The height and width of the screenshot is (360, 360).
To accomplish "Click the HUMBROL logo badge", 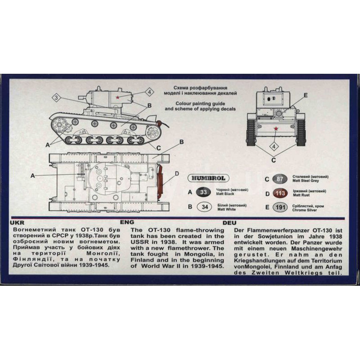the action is point(208,178).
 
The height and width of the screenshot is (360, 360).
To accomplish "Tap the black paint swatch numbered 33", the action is point(204,192).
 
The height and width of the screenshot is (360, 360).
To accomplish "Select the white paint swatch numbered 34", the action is point(204,207).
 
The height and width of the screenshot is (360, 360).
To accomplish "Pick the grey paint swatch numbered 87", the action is point(280,179).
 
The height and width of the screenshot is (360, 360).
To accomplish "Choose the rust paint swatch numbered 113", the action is point(280,193).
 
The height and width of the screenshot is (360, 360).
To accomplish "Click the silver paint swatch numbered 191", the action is point(280,207).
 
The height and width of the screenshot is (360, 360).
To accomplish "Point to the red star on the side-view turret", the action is point(117,98).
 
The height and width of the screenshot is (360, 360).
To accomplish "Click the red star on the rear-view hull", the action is point(276,128).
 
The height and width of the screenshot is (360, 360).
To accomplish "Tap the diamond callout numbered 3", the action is point(56,98).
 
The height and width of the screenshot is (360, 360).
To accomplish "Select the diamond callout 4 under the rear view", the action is point(273,146).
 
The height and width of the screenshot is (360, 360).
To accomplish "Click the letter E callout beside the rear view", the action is point(305,95).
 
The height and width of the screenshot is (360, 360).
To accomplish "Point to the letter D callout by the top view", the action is point(176,174).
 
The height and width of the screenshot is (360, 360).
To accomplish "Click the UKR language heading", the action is point(17,223).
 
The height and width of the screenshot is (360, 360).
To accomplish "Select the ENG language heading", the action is point(127,222).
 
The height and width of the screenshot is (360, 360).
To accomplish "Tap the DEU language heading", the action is point(229,223).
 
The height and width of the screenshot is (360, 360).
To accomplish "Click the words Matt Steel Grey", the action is point(306,181).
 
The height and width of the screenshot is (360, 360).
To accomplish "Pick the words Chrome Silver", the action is point(304,210).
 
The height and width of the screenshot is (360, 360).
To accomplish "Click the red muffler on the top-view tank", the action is point(160,181).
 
